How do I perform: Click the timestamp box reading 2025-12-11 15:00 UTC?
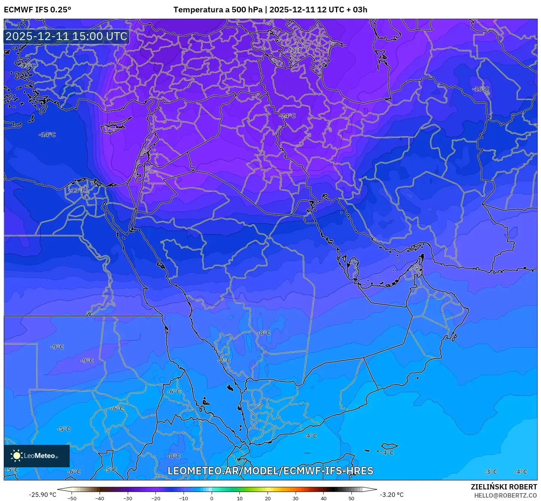tap(66, 36)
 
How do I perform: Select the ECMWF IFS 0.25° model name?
tap(37, 10)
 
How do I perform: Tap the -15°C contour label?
tap(28, 66)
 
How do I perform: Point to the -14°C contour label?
tap(48, 135)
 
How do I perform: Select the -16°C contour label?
tap(481, 89)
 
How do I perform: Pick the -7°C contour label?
tap(224, 361)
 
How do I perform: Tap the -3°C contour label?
tap(490, 472)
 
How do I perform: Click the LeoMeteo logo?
tap(36, 456)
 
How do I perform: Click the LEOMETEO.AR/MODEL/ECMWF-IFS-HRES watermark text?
tap(270, 471)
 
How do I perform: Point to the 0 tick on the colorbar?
tap(212, 498)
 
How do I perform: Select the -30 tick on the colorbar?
tap(128, 498)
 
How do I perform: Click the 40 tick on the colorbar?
tap(323, 498)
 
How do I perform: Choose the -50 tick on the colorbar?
tap(72, 498)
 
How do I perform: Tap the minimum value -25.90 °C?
tap(42, 495)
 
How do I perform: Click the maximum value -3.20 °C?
tap(392, 495)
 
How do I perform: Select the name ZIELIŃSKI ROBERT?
tap(504, 487)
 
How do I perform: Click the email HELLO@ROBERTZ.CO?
tap(505, 495)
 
